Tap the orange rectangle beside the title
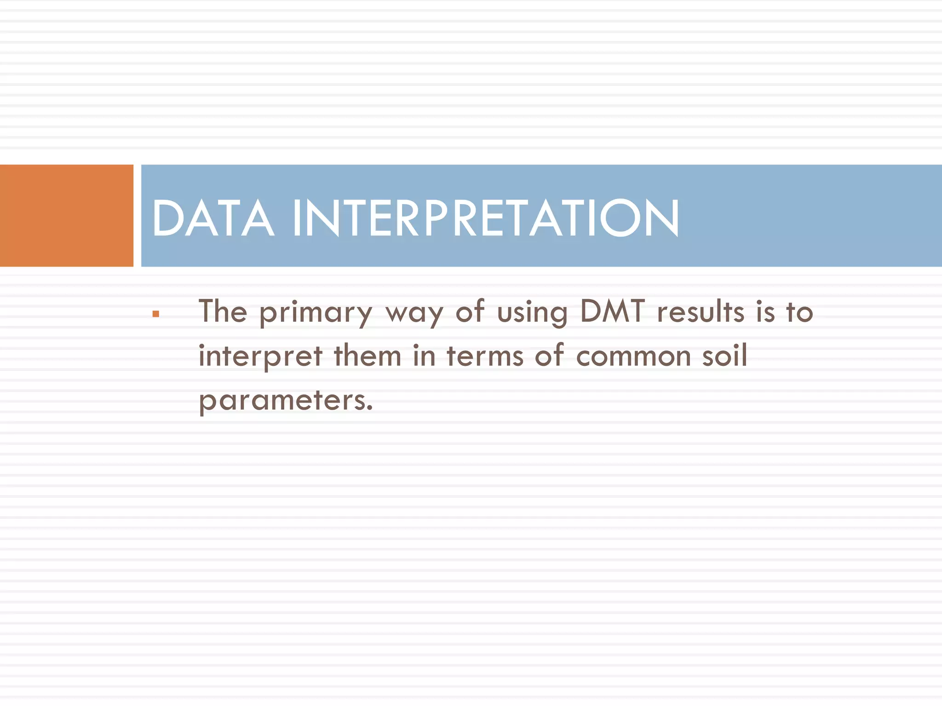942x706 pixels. click(66, 216)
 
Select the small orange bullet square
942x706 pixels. click(156, 314)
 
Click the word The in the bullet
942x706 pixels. click(223, 312)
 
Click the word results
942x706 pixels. click(700, 312)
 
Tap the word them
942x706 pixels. click(368, 356)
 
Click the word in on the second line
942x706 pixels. click(424, 356)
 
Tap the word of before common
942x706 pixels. click(549, 356)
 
